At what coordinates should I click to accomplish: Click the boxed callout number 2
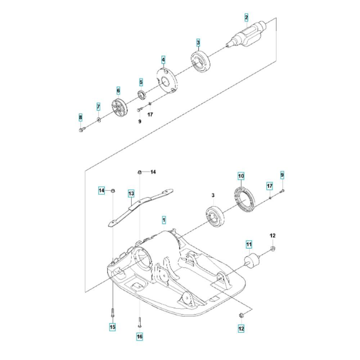(x=246, y=17)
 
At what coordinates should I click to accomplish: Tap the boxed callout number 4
(x=163, y=60)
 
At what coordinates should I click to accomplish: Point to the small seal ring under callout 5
(x=141, y=95)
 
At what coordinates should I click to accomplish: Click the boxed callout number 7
(x=98, y=107)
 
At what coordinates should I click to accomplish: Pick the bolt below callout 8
(x=82, y=130)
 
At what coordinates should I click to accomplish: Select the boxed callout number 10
(x=241, y=176)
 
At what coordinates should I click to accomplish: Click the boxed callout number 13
(x=131, y=194)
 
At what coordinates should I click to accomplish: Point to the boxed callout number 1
(x=164, y=220)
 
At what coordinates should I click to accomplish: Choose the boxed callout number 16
(x=140, y=337)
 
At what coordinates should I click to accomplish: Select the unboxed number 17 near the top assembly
(x=150, y=114)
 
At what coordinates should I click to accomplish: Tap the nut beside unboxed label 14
(x=139, y=172)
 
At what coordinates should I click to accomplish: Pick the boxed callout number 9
(x=282, y=175)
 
